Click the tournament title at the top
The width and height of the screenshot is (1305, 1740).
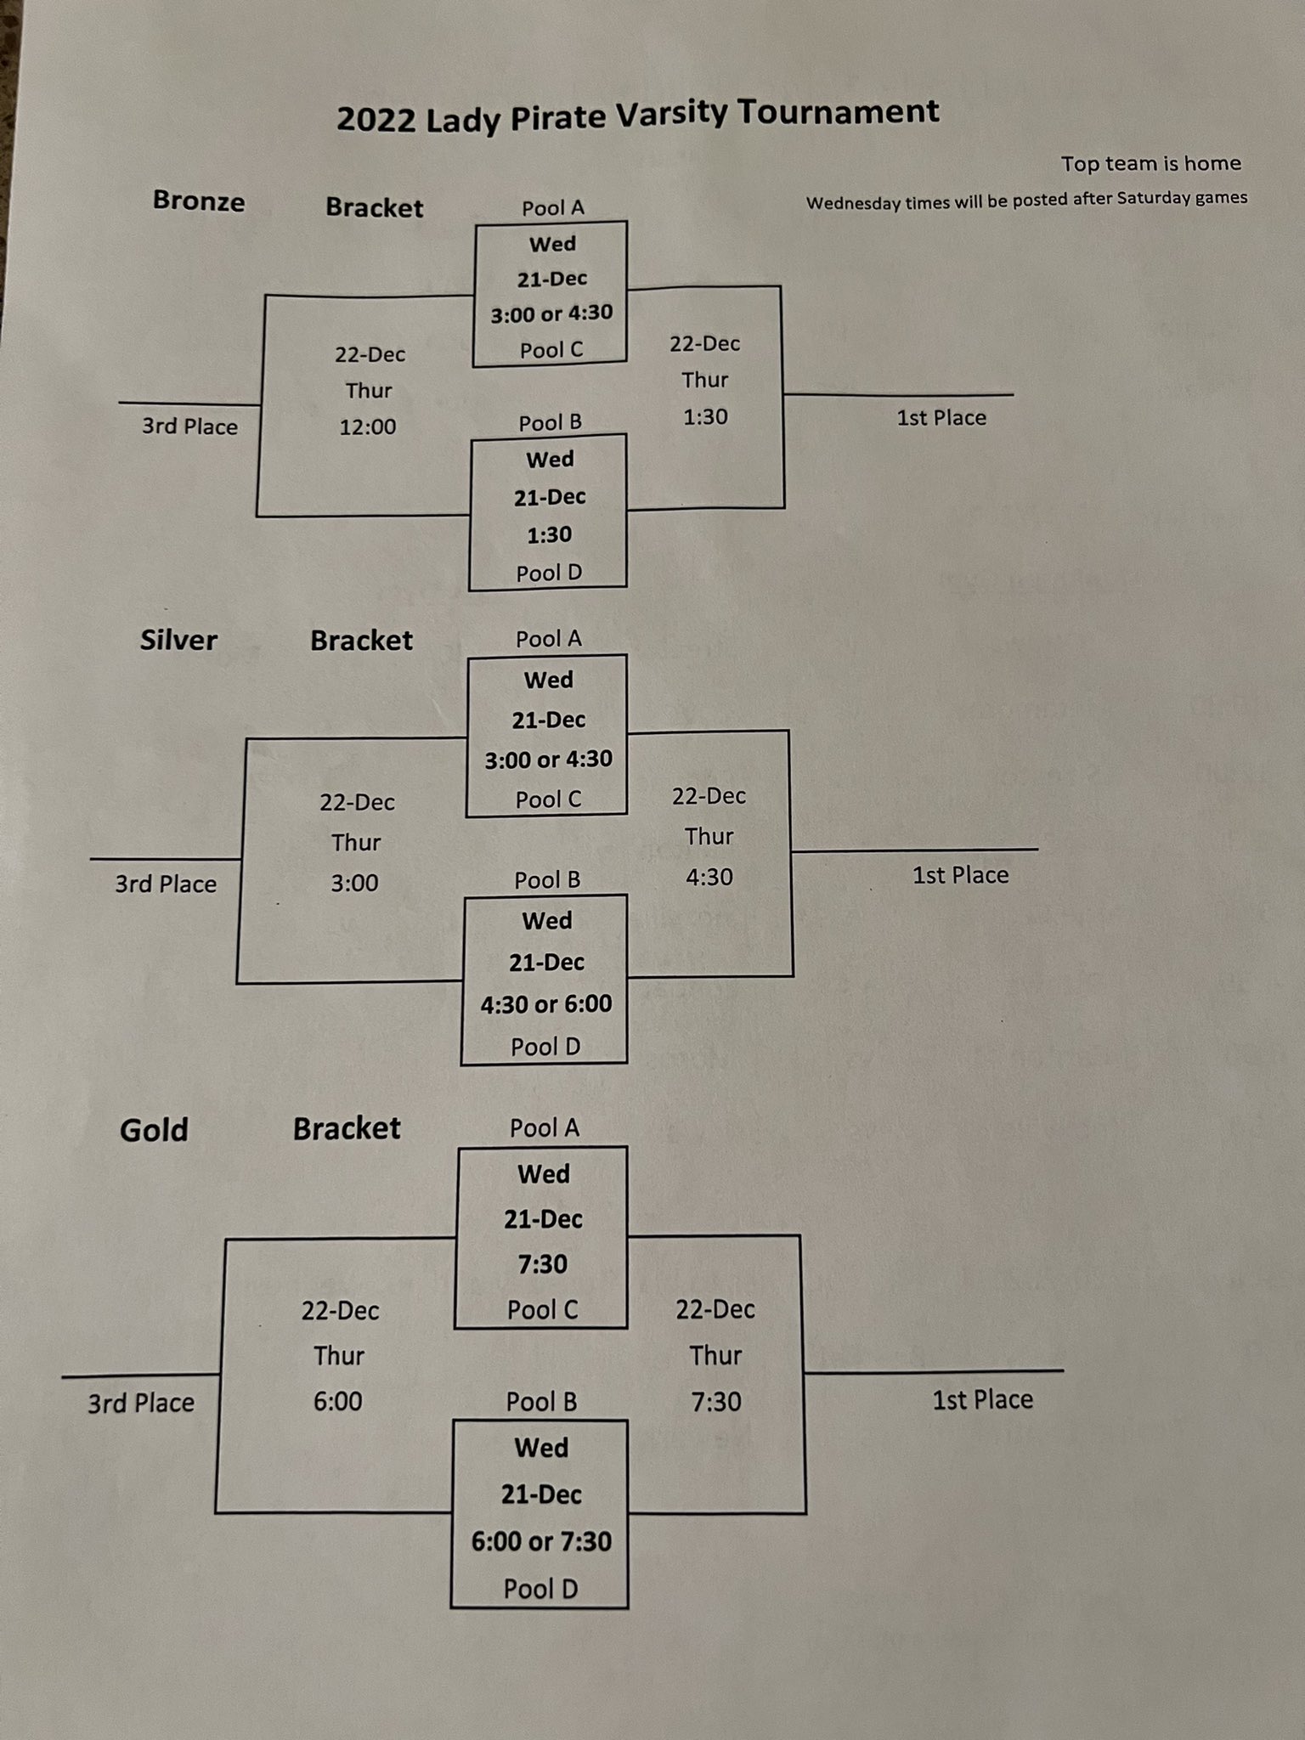(637, 116)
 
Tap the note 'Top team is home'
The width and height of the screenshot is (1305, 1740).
(1150, 163)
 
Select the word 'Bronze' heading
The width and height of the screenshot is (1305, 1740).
(199, 201)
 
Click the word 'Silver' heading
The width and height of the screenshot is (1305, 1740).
(178, 640)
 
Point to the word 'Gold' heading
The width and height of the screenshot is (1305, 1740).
(154, 1130)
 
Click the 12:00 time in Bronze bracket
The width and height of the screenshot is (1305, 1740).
(368, 427)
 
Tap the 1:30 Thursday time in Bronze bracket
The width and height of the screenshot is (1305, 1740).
(705, 417)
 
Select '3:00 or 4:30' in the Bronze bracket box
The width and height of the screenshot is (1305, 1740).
(551, 314)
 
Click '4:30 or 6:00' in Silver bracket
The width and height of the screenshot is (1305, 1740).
(546, 1004)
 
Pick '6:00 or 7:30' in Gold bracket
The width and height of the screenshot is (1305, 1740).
(541, 1541)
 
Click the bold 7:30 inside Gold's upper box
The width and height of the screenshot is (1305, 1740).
(543, 1264)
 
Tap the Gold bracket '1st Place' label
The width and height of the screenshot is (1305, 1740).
(982, 1400)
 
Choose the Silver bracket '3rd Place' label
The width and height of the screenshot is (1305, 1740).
(166, 884)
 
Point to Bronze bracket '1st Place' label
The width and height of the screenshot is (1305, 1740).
(941, 418)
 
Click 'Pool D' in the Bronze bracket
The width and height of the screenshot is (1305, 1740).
(550, 573)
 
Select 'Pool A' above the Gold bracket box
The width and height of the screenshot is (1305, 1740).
(545, 1128)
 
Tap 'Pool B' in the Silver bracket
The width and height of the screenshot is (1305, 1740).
(547, 880)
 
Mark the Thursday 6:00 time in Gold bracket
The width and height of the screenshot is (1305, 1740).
(338, 1401)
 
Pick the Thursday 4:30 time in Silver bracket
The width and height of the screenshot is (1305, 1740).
(709, 877)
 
